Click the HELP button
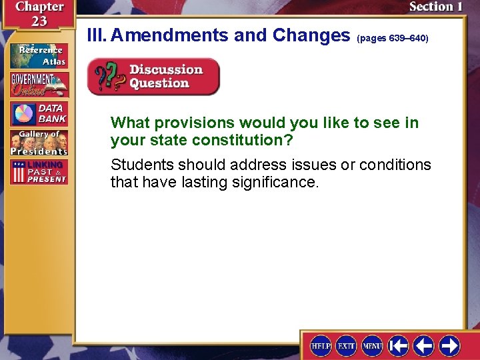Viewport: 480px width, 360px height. (321, 346)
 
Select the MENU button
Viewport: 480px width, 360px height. (372, 346)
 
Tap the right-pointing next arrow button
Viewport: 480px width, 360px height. (449, 346)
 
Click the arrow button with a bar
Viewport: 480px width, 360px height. (399, 346)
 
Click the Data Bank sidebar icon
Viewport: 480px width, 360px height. (39, 114)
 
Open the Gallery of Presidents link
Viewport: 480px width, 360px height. (39, 143)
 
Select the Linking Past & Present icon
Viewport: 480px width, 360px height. (39, 172)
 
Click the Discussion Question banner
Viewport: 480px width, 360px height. (153, 77)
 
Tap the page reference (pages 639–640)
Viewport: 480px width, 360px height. (393, 39)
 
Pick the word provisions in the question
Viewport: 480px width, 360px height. (193, 123)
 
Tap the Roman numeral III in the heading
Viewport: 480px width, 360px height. (97, 35)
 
